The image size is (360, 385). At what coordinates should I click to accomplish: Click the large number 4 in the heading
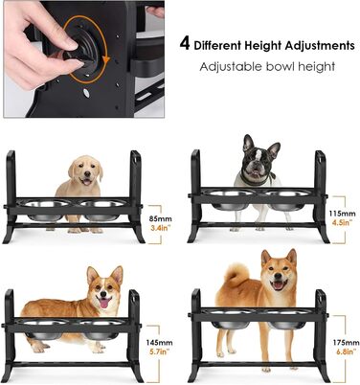(185, 44)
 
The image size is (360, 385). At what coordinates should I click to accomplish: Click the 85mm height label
(161, 219)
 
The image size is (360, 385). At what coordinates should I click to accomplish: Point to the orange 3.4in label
(160, 228)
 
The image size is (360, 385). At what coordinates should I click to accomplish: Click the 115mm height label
(342, 214)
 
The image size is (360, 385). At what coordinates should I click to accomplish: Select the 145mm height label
(160, 343)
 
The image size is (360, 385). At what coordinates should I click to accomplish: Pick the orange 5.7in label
(160, 351)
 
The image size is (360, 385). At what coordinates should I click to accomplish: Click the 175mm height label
(346, 343)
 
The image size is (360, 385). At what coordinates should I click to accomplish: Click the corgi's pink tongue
(104, 303)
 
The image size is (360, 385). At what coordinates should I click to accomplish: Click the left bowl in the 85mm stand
(46, 210)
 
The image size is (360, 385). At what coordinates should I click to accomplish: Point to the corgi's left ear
(93, 275)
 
